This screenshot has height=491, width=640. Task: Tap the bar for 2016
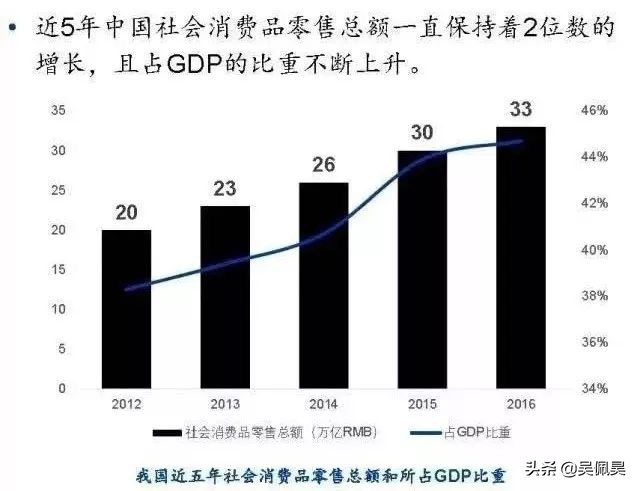[521, 257]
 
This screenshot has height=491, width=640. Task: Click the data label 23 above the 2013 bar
[225, 187]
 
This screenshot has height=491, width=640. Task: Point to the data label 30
[422, 132]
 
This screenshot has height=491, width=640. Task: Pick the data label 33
[521, 108]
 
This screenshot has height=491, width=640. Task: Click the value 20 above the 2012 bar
[126, 211]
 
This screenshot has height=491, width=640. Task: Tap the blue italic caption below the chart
[320, 471]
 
